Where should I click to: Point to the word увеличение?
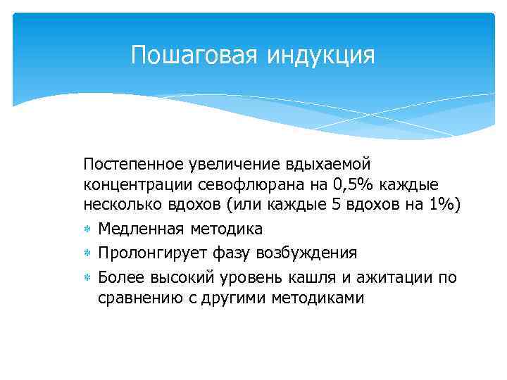coord(221,164)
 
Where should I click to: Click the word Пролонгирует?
coord(149,253)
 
